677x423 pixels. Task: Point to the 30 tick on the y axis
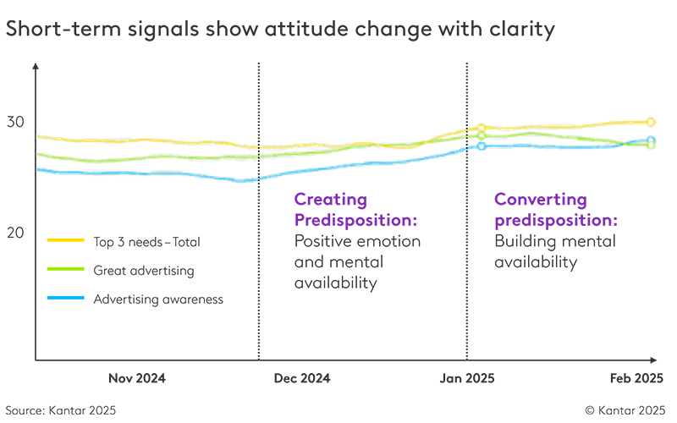pos(16,122)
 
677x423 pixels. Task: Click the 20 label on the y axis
pos(16,233)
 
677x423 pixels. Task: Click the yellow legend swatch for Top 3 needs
pos(65,241)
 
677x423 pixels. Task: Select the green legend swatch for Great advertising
pos(65,270)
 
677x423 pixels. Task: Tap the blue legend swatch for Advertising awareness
pos(65,298)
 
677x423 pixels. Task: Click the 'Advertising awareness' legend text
pos(158,299)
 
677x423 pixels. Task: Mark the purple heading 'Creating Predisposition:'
pos(355,209)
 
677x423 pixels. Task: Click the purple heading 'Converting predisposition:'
pos(555,209)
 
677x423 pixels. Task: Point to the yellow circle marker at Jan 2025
pos(482,129)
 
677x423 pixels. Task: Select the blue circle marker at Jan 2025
pos(482,146)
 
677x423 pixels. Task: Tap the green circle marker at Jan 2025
pos(482,135)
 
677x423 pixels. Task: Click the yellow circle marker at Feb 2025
pos(651,123)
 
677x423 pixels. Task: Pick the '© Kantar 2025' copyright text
pos(625,409)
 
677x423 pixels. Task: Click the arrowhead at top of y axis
pos(36,65)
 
